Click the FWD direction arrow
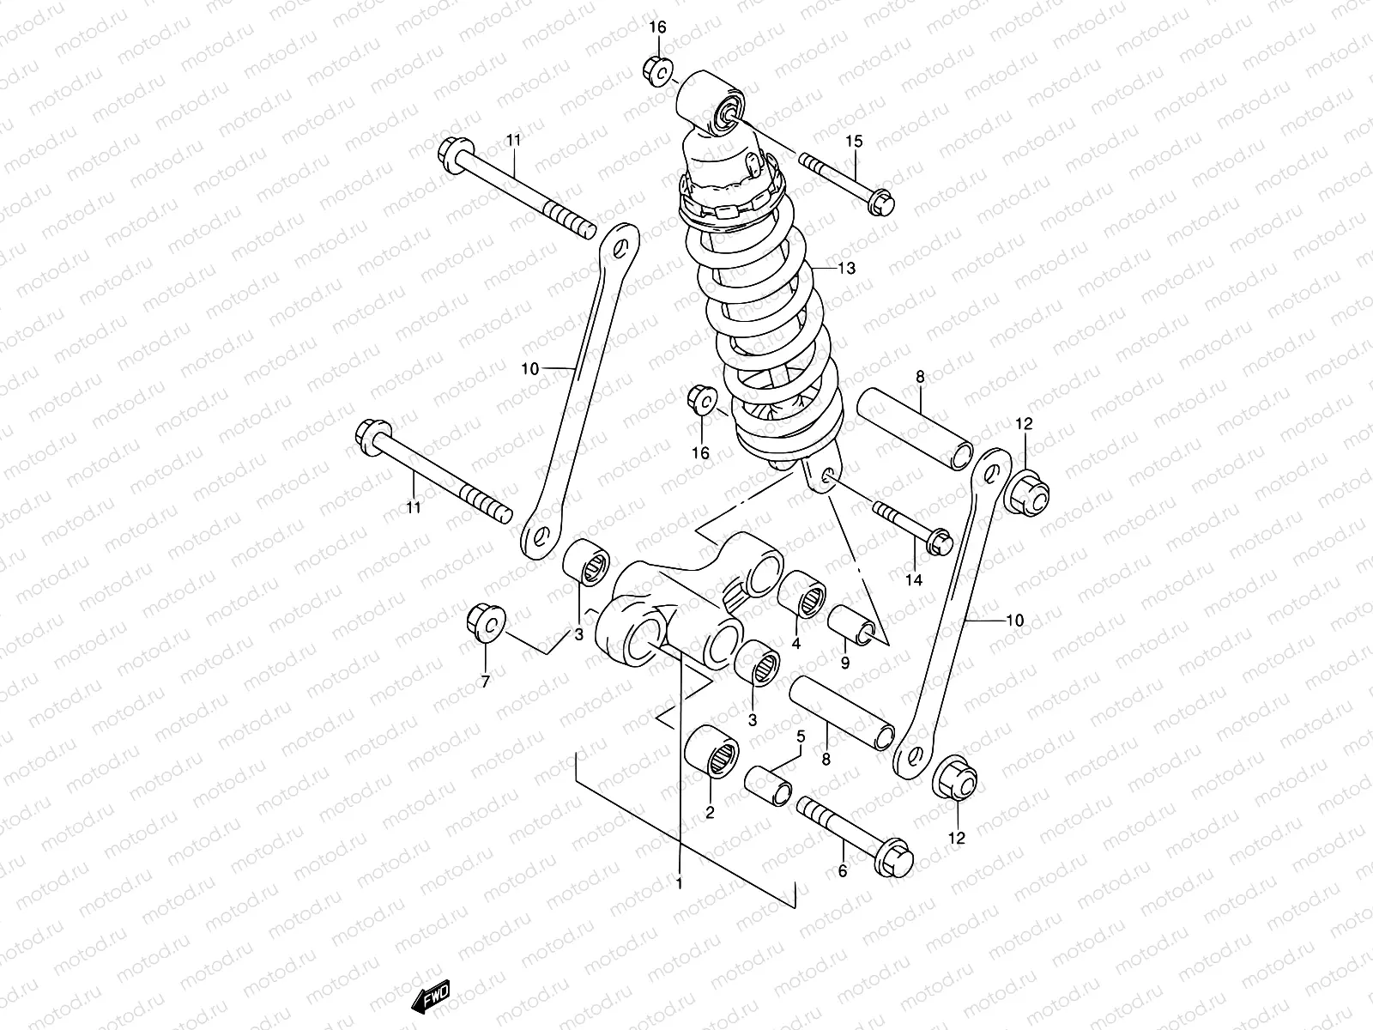(431, 997)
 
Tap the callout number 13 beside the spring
(846, 269)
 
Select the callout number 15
(854, 142)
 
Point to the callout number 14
(914, 579)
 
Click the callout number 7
(486, 682)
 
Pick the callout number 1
(680, 884)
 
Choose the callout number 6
(843, 870)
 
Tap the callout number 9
(845, 663)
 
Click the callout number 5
(801, 736)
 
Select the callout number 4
(795, 643)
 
